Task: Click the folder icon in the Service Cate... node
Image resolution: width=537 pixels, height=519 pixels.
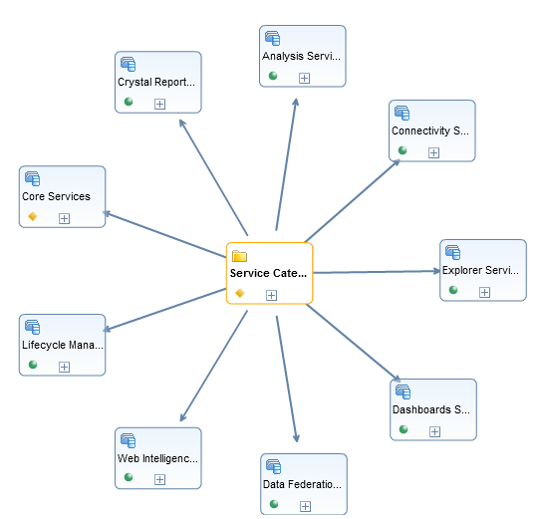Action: (239, 256)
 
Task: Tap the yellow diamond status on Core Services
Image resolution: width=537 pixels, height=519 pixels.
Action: (33, 216)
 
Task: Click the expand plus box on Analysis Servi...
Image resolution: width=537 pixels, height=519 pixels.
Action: (304, 78)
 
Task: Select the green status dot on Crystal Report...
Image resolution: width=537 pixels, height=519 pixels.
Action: (129, 102)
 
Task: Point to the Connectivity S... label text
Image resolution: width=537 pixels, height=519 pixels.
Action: (430, 130)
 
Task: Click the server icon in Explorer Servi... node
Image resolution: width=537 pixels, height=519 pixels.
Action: (452, 252)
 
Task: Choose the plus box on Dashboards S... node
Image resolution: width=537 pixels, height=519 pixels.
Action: (434, 431)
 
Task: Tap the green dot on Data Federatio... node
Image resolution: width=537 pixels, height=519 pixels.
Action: (274, 504)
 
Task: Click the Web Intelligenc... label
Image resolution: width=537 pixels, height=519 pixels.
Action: (157, 458)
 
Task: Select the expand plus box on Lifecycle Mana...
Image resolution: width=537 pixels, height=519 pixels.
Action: (64, 367)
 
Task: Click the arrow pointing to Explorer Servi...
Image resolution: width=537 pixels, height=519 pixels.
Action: (377, 272)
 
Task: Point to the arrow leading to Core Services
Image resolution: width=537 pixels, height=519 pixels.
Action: (164, 234)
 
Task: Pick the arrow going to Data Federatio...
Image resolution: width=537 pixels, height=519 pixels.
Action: (288, 379)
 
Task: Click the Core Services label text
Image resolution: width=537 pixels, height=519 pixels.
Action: (56, 196)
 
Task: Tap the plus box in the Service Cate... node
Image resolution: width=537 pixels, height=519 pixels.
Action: (271, 295)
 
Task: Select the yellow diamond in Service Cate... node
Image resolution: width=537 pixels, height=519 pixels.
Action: (240, 293)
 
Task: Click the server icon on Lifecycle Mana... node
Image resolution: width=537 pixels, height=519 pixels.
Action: (33, 327)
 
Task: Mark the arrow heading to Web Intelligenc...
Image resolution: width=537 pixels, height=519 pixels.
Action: (213, 366)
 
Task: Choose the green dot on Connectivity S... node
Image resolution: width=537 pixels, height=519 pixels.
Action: (403, 150)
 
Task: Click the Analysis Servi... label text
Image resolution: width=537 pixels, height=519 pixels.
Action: (301, 56)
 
